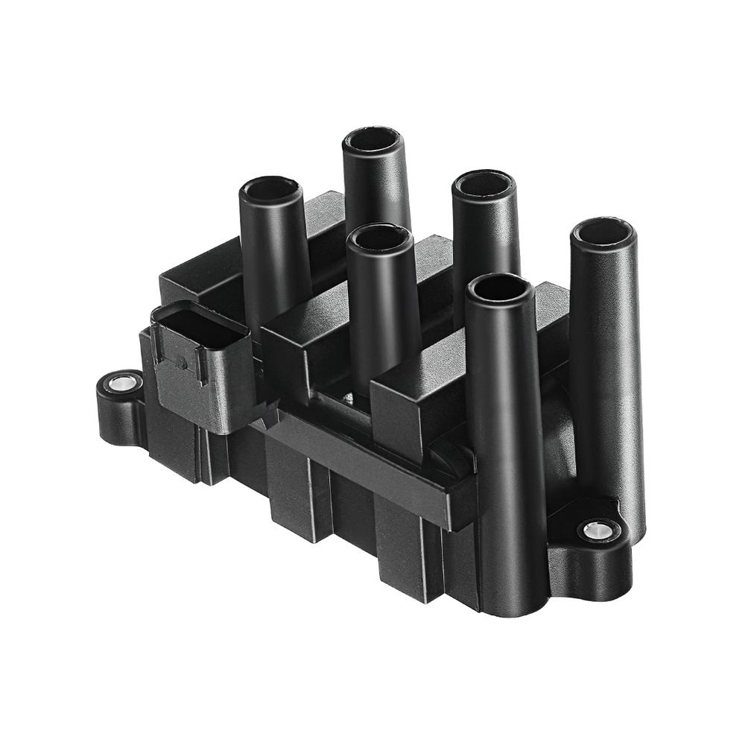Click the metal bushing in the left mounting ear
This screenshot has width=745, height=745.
coord(121,384)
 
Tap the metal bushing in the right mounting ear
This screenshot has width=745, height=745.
coord(596,530)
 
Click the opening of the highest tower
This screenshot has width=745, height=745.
coord(372,140)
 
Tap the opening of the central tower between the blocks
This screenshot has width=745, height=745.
coord(381,237)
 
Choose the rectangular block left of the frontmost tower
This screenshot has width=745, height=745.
coord(417,395)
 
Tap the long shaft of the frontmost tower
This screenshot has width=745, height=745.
coord(507,447)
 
